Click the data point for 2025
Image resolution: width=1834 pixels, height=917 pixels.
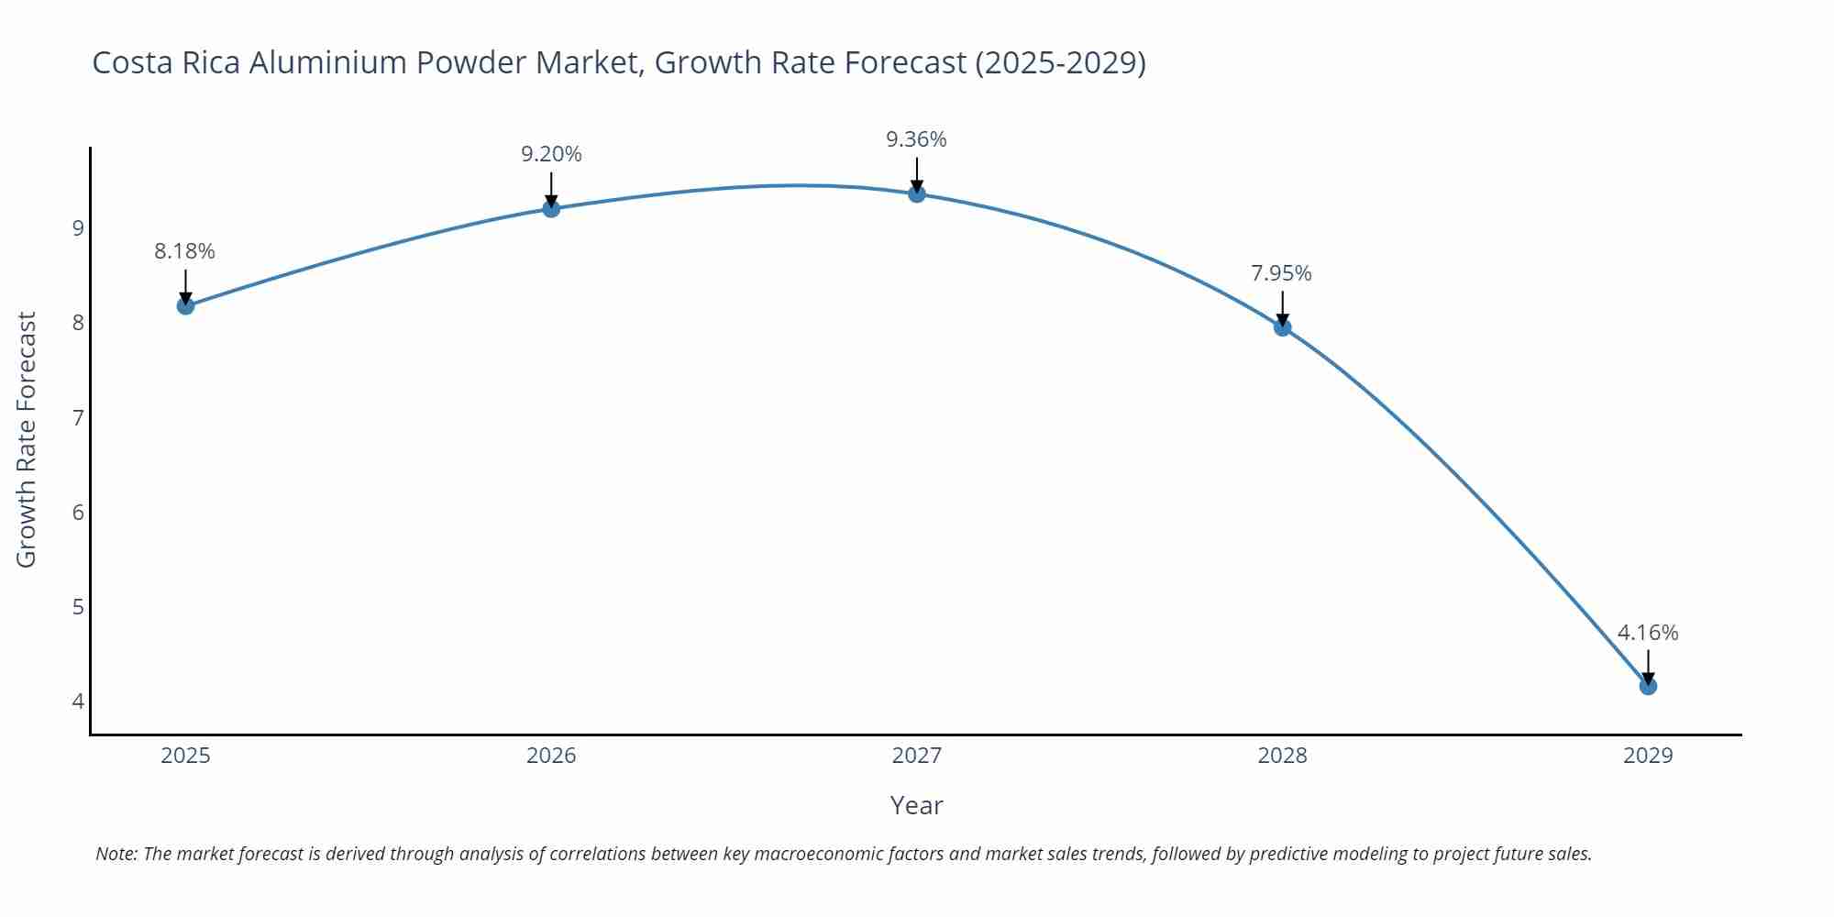pos(185,305)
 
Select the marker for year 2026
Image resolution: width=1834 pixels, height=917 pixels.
pos(551,208)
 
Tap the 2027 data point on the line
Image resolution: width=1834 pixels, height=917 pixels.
pos(917,193)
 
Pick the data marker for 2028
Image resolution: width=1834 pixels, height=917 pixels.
pos(1283,327)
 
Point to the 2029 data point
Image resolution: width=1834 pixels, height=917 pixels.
pos(1648,686)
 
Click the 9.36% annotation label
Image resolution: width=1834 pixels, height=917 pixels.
pos(916,139)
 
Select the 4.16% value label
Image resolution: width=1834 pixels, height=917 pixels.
pos(1648,633)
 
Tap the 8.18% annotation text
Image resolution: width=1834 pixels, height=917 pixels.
pos(184,251)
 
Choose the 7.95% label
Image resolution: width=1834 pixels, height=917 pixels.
pos(1281,273)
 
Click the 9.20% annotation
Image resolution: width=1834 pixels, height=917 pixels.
pos(551,154)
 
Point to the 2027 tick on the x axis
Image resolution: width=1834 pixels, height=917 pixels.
pos(917,756)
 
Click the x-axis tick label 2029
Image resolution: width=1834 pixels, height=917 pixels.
pos(1648,756)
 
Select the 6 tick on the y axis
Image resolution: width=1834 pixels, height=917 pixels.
pos(78,512)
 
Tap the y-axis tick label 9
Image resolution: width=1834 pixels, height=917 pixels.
pos(78,227)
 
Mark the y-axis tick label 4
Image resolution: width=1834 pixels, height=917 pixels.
pos(78,702)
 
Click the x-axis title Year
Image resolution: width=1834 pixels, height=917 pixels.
pos(916,805)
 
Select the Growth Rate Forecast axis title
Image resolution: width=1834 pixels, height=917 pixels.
pos(27,440)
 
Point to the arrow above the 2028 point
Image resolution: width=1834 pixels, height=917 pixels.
pos(1283,307)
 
